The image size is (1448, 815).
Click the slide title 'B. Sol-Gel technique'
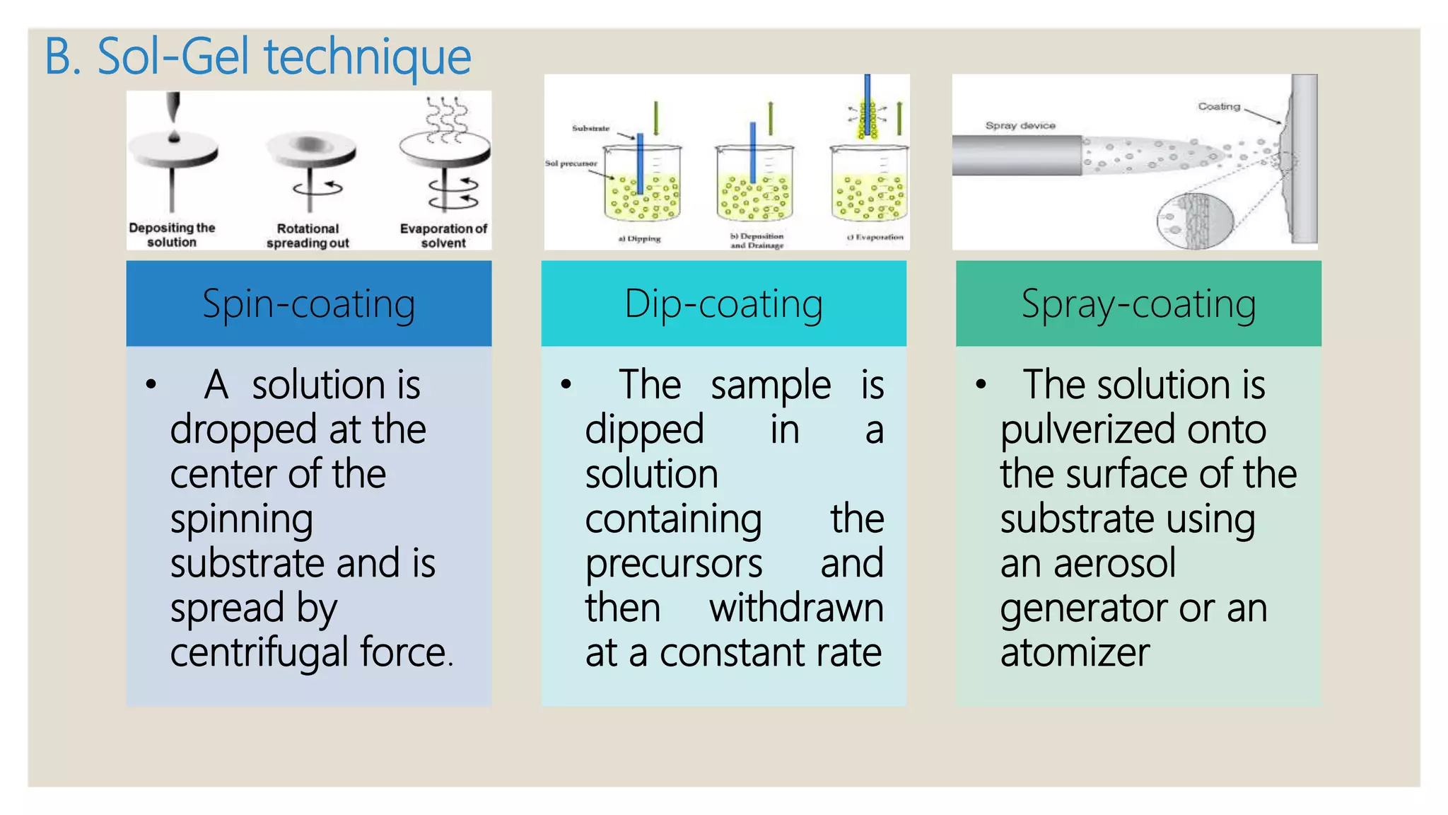[257, 57]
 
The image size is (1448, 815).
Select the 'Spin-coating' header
[308, 304]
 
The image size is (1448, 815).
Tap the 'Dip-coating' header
[723, 304]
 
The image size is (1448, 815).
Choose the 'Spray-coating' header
[1138, 304]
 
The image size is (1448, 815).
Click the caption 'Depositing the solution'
[172, 235]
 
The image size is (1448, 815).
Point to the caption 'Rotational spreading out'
[308, 236]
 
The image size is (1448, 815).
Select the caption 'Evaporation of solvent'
[443, 236]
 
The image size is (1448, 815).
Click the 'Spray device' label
[1020, 126]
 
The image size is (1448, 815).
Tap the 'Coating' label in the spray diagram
[1219, 107]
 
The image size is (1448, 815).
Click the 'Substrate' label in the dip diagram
[590, 129]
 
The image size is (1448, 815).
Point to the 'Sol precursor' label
[571, 163]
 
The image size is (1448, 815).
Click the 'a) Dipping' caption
[639, 239]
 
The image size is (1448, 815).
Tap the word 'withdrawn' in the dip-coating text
[796, 608]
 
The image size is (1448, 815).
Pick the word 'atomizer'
[1075, 652]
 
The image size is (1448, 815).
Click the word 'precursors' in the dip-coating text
[673, 563]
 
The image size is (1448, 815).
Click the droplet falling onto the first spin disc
[174, 136]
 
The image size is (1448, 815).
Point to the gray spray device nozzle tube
[1017, 155]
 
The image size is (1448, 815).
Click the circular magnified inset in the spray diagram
[1195, 221]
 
